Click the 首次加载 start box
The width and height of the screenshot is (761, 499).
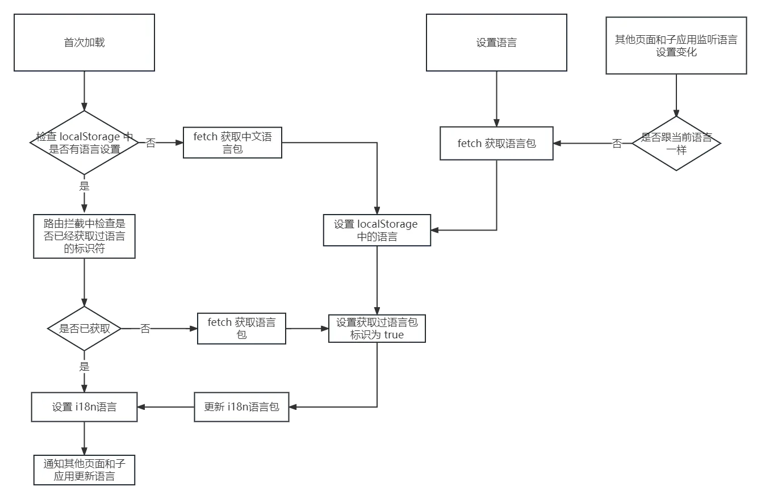(x=84, y=43)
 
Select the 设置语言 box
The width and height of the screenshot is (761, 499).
(x=496, y=43)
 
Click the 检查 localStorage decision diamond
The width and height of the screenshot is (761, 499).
(x=84, y=142)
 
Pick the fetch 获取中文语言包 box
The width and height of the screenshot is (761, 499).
(x=232, y=143)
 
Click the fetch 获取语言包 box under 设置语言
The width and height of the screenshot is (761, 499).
(x=497, y=144)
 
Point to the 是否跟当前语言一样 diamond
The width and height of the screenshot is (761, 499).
(x=676, y=144)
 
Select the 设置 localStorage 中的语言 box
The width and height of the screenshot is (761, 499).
(x=377, y=230)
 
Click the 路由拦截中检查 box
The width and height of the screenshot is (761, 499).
(x=84, y=235)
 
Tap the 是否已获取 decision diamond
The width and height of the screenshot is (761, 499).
(x=84, y=329)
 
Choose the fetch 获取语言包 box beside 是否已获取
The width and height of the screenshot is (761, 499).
(x=241, y=328)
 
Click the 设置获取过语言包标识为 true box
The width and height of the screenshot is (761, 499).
(x=377, y=329)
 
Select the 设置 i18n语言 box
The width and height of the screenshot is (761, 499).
(x=84, y=406)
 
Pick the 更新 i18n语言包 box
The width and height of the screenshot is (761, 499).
(x=241, y=406)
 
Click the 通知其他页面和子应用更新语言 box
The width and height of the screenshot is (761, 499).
(x=84, y=469)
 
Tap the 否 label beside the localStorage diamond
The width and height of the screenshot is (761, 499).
(x=150, y=142)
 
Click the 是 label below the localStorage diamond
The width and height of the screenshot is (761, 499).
(x=84, y=186)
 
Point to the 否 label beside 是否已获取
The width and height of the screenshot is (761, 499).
(x=146, y=329)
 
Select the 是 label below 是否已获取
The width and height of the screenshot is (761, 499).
(x=84, y=367)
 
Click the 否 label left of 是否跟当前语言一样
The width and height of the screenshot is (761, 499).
(x=616, y=144)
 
